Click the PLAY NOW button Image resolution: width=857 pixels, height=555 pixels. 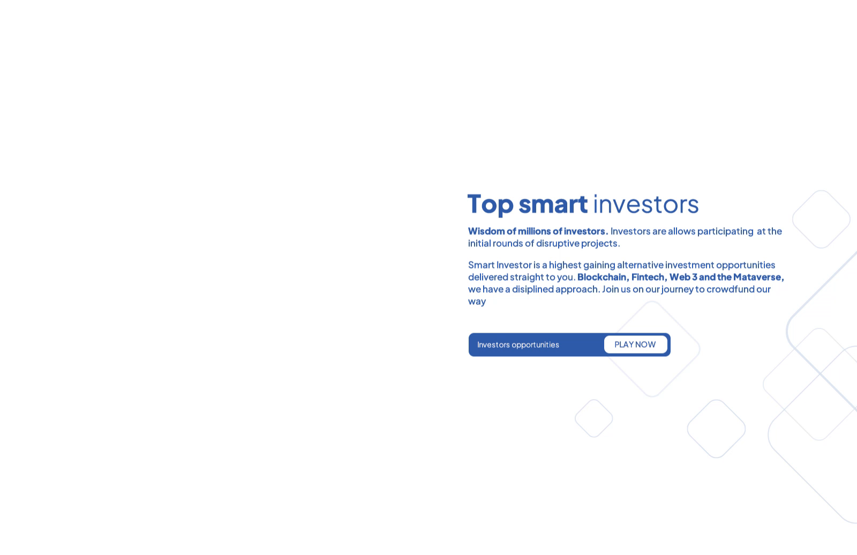tap(635, 344)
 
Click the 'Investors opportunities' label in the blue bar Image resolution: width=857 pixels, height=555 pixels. tap(518, 344)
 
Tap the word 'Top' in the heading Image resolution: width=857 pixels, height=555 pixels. tap(490, 204)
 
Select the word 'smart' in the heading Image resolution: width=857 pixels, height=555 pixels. tap(553, 204)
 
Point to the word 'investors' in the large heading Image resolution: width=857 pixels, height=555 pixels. tap(645, 204)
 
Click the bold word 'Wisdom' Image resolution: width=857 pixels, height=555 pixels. tap(486, 231)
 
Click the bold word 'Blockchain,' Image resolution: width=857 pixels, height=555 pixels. tap(603, 277)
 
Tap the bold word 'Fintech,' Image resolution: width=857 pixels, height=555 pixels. tap(649, 277)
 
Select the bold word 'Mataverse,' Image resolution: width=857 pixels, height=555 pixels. tap(758, 277)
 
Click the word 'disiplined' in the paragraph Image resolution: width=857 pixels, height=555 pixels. tap(532, 289)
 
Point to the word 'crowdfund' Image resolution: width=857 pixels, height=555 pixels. tap(730, 289)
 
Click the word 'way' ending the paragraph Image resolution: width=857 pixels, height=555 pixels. tap(477, 301)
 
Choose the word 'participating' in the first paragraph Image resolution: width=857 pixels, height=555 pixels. tap(725, 231)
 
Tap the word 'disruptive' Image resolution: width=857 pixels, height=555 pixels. tap(558, 243)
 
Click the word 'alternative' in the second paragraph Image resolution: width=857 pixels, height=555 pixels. tap(640, 265)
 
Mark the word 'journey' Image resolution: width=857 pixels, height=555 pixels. tap(678, 289)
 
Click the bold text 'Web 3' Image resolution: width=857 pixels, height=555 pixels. tap(683, 277)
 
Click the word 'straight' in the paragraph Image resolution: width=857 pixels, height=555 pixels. tap(527, 277)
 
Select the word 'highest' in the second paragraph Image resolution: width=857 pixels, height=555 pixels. tap(565, 265)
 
